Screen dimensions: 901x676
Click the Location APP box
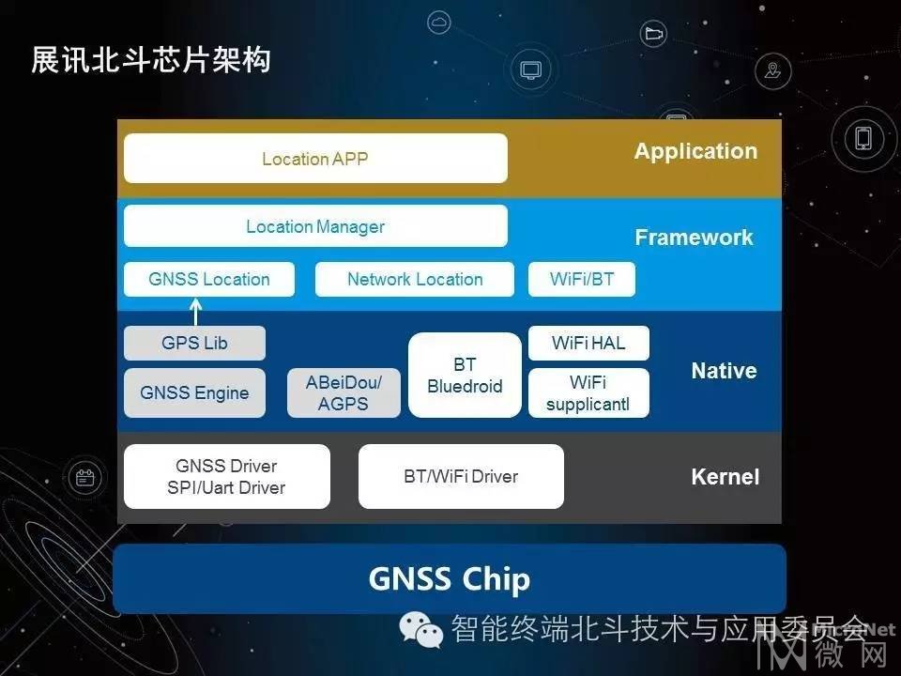[x=315, y=158]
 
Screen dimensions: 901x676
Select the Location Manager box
[x=315, y=226]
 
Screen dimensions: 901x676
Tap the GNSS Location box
[x=209, y=280]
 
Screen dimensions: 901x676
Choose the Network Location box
[x=414, y=280]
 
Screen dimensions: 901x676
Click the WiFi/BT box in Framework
[x=582, y=280]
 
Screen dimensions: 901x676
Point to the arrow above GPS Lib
[x=196, y=312]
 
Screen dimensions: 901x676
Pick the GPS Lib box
[x=195, y=344]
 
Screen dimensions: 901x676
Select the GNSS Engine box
[x=195, y=392]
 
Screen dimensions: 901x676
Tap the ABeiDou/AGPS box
[x=344, y=392]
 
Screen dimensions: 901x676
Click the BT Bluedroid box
[x=465, y=375]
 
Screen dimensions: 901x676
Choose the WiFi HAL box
[x=588, y=344]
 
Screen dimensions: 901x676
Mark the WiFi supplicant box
[x=588, y=392]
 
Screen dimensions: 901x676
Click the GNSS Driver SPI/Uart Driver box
[x=227, y=477]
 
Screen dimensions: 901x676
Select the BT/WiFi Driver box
[x=461, y=477]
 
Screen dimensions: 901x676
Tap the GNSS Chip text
[x=450, y=579]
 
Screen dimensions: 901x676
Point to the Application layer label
[x=695, y=151]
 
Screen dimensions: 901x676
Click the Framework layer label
[x=694, y=238]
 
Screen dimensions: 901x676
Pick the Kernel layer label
[x=725, y=477]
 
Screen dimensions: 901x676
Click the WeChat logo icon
[x=421, y=629]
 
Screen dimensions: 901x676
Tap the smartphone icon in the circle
[x=863, y=139]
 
